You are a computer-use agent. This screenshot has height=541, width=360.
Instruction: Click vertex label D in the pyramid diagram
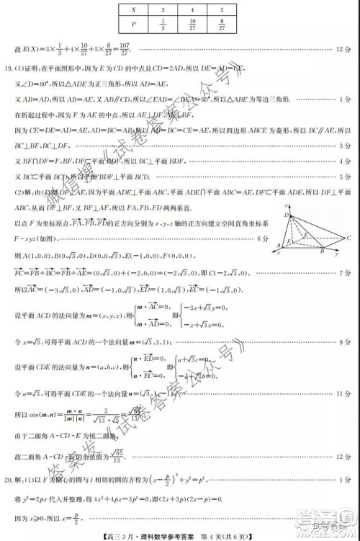coord(284,215)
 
